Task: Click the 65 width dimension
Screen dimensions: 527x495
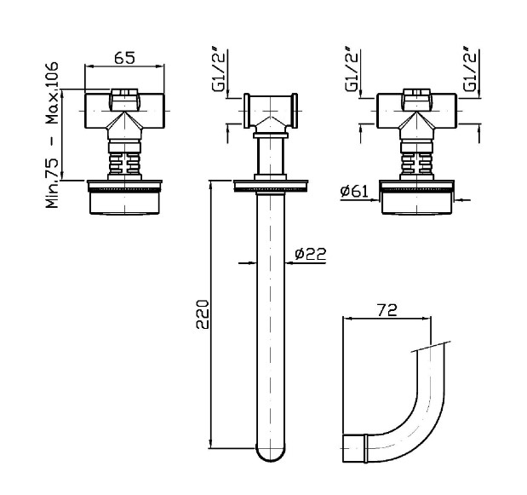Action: [x=124, y=57]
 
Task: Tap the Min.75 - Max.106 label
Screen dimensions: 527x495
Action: [x=52, y=135]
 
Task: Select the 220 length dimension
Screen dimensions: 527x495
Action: [x=203, y=314]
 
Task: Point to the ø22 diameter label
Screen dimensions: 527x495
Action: [x=310, y=254]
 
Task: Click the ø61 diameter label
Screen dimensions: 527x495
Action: [x=354, y=192]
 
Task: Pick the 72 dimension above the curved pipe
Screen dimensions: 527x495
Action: [x=387, y=310]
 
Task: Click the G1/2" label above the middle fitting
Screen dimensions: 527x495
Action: [x=219, y=70]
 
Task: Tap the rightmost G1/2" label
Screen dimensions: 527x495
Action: [x=470, y=70]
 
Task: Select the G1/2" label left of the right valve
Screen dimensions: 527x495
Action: [x=352, y=70]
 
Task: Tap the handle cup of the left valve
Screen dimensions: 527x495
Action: [x=124, y=202]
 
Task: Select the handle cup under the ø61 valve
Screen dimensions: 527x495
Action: [x=416, y=202]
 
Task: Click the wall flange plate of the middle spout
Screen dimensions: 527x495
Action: [x=271, y=186]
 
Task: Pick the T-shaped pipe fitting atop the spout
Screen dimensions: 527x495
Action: [x=271, y=112]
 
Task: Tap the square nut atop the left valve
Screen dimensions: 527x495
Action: [x=124, y=100]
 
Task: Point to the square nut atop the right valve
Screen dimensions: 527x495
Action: [x=417, y=100]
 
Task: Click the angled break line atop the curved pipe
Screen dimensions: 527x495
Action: [x=431, y=347]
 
